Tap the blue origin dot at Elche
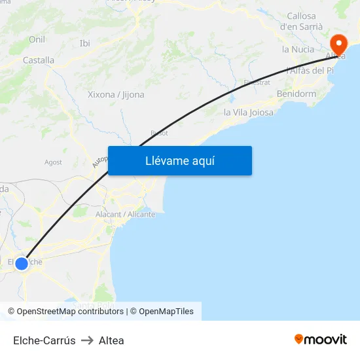click(x=22, y=264)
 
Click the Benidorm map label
click(x=297, y=94)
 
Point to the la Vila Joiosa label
click(x=249, y=113)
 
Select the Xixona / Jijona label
click(x=116, y=94)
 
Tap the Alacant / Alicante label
click(x=125, y=214)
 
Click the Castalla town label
click(x=39, y=60)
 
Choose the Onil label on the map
click(x=37, y=40)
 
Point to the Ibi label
click(x=84, y=43)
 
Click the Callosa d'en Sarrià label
click(x=301, y=22)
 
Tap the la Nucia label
click(x=298, y=49)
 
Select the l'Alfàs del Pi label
click(x=310, y=71)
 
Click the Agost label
click(x=53, y=162)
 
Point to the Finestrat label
click(x=257, y=82)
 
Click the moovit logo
click(x=321, y=339)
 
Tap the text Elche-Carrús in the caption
click(x=45, y=340)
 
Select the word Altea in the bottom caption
click(x=111, y=340)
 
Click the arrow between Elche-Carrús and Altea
click(x=87, y=340)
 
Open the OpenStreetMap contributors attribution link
click(x=70, y=312)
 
